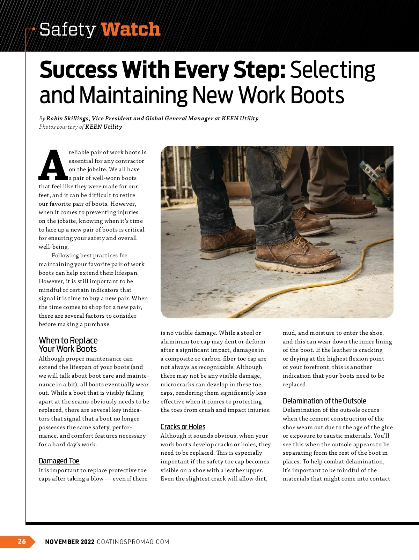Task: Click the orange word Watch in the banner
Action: (x=131, y=29)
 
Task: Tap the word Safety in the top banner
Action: (x=67, y=29)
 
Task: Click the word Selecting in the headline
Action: (x=332, y=70)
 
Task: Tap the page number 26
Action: (x=22, y=541)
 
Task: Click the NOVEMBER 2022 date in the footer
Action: (x=70, y=542)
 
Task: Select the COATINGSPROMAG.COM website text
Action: (x=133, y=542)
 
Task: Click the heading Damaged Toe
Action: (x=59, y=461)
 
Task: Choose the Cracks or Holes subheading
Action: (x=183, y=427)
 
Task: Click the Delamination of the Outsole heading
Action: (x=324, y=401)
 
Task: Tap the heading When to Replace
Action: (x=68, y=340)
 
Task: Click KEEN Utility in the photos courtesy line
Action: (x=104, y=127)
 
